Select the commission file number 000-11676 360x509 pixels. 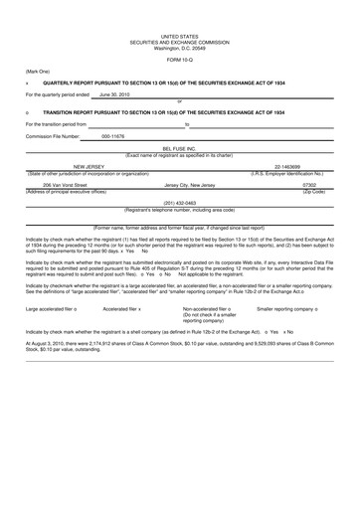pos(114,135)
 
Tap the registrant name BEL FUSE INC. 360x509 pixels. pos(180,146)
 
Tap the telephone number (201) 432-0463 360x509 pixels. pos(180,202)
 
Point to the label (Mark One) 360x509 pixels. pos(39,72)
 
